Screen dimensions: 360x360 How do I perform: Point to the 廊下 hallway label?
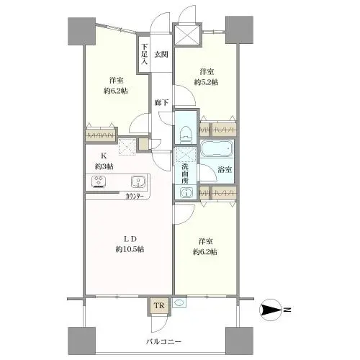[161, 102]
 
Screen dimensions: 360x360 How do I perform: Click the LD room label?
[129, 238]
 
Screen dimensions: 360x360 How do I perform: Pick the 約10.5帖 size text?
[129, 249]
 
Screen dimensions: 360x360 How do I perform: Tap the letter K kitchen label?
[103, 155]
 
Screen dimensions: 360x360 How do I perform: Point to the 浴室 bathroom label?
[225, 169]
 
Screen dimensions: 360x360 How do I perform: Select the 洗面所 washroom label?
[184, 174]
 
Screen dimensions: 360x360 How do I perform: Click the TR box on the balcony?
[158, 306]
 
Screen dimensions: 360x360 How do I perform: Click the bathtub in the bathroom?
[217, 153]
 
